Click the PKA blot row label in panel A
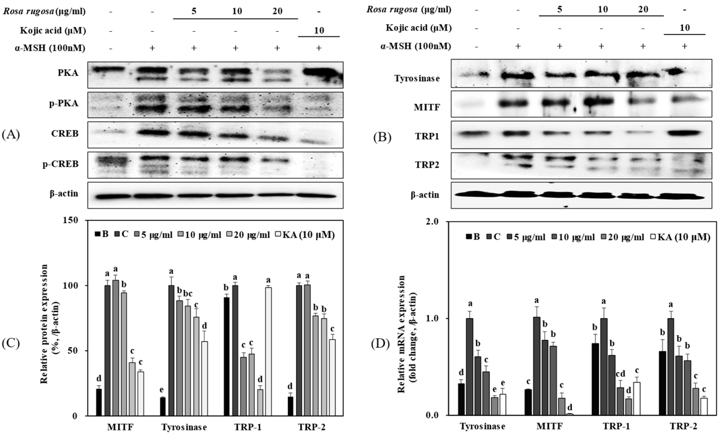click(x=68, y=73)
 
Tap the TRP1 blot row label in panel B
click(x=427, y=136)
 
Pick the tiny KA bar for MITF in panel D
click(x=570, y=414)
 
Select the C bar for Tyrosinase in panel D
click(x=469, y=366)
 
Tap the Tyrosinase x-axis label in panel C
click(x=184, y=427)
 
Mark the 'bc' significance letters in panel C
click(x=188, y=293)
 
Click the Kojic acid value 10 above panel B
click(x=685, y=28)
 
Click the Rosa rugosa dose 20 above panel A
click(x=277, y=11)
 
